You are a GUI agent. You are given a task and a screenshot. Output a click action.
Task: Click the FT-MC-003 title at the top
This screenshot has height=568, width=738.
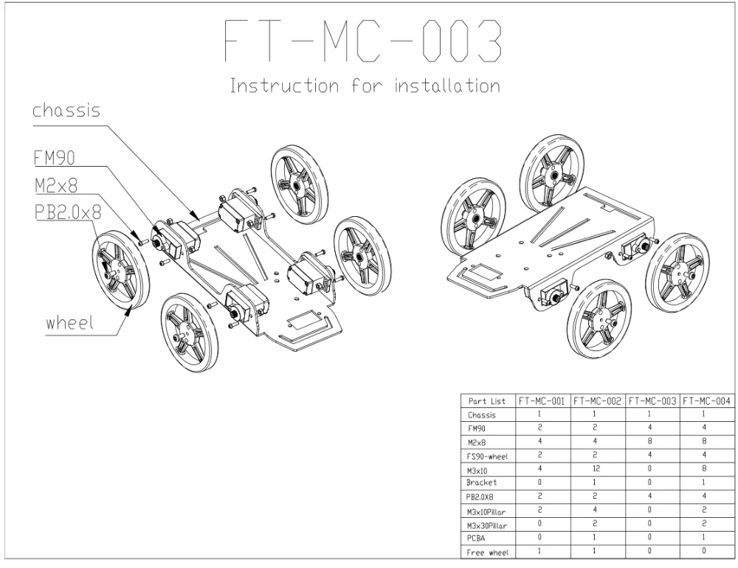point(363,41)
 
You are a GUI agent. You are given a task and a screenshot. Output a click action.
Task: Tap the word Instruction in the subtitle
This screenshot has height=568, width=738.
point(284,86)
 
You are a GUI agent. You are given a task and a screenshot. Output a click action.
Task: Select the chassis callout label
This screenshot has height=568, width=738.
point(66,111)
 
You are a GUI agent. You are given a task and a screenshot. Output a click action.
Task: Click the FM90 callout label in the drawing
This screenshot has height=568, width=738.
point(54,158)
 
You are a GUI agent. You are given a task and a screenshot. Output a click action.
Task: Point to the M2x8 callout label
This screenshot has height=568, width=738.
point(56,185)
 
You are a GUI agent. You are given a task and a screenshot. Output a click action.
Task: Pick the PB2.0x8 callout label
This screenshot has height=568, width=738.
point(68,212)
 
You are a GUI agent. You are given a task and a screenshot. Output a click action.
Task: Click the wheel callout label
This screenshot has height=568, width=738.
point(69,323)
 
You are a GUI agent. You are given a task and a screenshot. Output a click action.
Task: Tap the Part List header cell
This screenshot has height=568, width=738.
point(486,401)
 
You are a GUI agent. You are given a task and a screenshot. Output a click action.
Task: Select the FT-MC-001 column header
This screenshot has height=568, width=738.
point(541,401)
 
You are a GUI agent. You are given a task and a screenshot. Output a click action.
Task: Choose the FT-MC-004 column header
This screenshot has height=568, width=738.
point(706,401)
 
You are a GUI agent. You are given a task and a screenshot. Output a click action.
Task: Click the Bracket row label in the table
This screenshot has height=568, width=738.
point(481,482)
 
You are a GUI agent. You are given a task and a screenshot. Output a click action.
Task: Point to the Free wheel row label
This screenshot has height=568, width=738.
point(488,553)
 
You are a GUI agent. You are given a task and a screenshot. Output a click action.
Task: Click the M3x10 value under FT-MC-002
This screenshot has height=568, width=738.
point(594,468)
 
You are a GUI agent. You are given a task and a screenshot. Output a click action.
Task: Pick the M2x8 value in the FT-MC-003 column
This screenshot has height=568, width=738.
point(649,441)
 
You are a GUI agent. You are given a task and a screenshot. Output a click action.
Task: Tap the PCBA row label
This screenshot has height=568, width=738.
point(476,538)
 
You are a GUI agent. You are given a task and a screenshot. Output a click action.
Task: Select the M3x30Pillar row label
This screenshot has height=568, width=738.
point(487,526)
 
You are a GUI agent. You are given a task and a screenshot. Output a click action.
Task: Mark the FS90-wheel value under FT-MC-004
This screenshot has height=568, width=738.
point(704,455)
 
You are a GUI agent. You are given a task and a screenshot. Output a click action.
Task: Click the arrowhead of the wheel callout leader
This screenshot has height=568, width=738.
point(128,308)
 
